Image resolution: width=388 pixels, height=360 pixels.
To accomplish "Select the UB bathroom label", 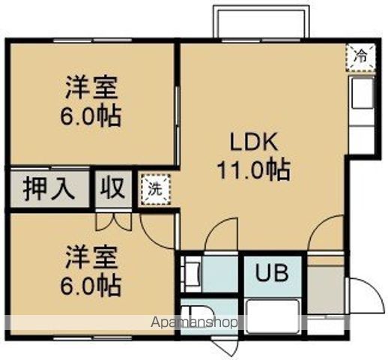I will coord(270,273).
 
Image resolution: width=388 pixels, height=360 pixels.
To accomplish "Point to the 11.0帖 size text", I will coord(253,170).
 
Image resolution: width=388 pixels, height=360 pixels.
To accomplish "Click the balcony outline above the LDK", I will coord(260,21).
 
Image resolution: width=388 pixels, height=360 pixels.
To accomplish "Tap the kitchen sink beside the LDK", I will coord(360,96).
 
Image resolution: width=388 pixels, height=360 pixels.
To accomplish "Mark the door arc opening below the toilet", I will coord(225,346).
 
